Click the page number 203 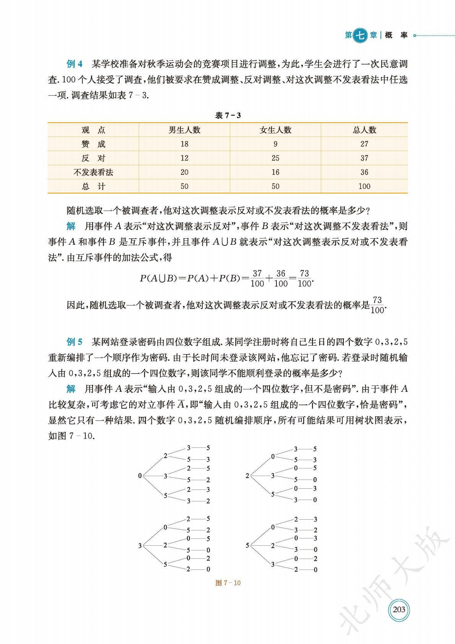coord(399,609)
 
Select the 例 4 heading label coord(75,63)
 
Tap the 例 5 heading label coord(75,342)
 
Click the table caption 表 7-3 coord(228,115)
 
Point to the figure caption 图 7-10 coord(228,583)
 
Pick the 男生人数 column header coord(184,130)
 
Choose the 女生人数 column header coord(275,130)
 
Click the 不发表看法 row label coord(93,172)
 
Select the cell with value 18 coord(184,144)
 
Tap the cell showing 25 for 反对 coord(275,158)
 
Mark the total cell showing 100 coord(364,186)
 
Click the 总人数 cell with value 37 coord(364,158)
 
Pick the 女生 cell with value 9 coord(275,144)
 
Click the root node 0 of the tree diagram coord(140,476)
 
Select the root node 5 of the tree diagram coord(247,545)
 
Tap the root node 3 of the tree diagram coord(140,546)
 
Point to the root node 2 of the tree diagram coord(247,476)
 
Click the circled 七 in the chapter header coord(360,35)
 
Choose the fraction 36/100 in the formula coord(281,278)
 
